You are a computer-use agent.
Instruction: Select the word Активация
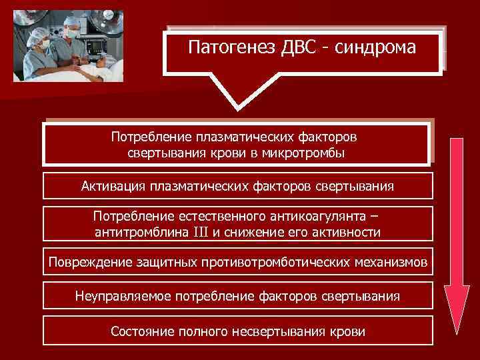tap(114, 186)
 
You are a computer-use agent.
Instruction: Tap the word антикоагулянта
tap(319, 217)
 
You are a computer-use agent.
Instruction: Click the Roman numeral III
tap(201, 233)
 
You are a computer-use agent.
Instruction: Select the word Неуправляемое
tap(123, 295)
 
